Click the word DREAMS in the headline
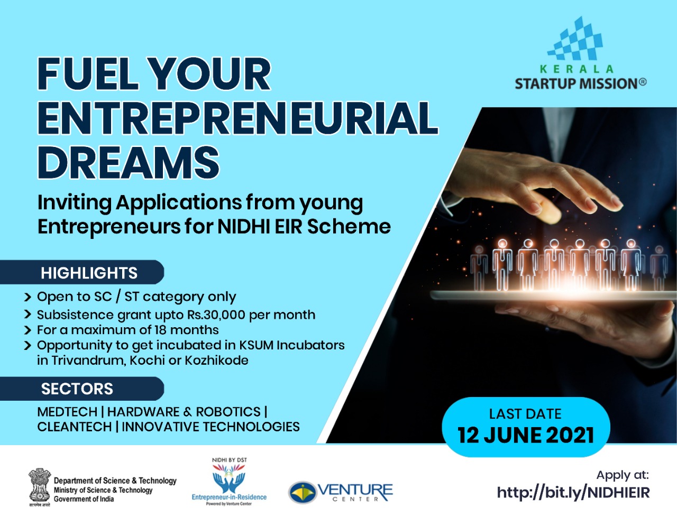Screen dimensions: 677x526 (x=129, y=162)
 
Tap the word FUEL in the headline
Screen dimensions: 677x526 (x=88, y=73)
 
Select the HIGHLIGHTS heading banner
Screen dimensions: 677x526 (x=82, y=272)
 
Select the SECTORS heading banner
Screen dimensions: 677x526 (x=82, y=389)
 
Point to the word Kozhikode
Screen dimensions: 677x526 (x=217, y=360)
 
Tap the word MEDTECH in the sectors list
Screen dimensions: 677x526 (x=67, y=412)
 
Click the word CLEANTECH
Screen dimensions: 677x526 (x=75, y=427)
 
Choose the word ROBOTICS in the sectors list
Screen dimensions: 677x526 (x=228, y=412)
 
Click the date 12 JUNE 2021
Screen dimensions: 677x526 (x=526, y=435)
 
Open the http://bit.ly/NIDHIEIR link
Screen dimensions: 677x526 (x=573, y=493)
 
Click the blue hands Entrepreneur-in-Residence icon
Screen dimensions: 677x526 (x=229, y=479)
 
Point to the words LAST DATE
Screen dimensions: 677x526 (x=525, y=414)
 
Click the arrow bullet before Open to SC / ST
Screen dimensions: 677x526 (x=28, y=297)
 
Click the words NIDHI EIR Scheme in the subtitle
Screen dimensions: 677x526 (x=304, y=227)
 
